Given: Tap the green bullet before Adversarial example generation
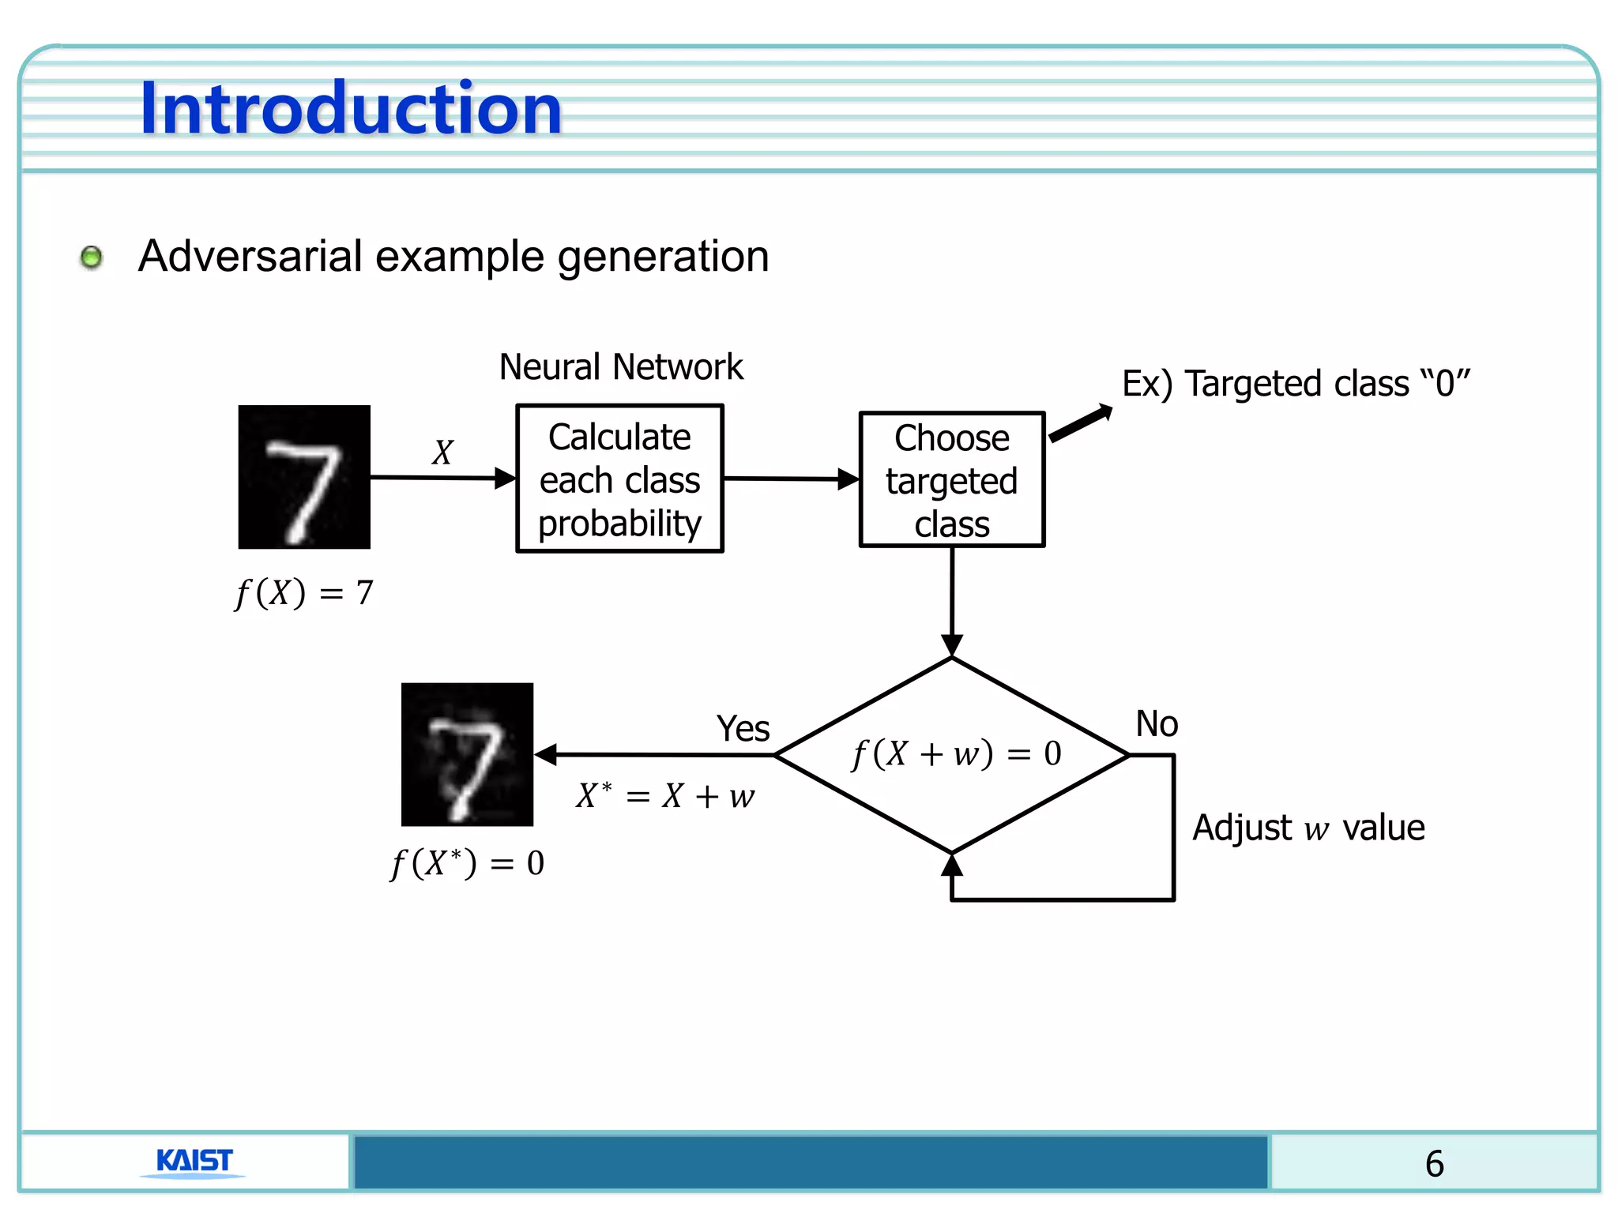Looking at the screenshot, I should tap(92, 257).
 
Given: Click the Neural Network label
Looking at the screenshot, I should tap(621, 367).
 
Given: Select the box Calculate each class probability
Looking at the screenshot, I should tap(619, 479).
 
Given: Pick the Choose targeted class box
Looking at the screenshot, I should tap(951, 480).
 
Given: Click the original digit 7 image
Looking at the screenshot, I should tap(304, 477).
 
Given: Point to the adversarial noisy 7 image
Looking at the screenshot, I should tap(467, 754).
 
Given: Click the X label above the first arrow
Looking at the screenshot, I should tap(442, 453).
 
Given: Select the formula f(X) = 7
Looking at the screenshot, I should tap(304, 592).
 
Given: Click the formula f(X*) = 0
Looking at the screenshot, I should tap(467, 862).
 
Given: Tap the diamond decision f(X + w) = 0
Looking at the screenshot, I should tap(953, 755).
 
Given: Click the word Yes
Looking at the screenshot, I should tap(742, 728).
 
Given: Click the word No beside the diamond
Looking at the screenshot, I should tap(1156, 723).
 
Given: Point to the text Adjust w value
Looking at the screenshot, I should tap(1308, 828).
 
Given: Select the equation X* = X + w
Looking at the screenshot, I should tap(665, 796).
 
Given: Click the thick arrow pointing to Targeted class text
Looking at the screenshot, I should tap(1080, 423).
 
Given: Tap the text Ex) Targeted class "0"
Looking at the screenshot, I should tap(1296, 384).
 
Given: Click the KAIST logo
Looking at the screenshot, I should tap(194, 1161).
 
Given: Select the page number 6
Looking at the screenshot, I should tap(1434, 1164).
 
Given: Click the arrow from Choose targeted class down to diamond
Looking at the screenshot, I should tap(952, 600).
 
